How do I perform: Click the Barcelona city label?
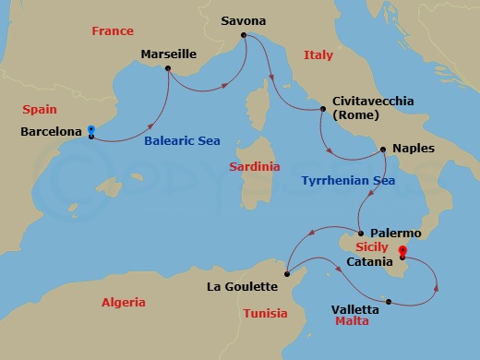click(51, 133)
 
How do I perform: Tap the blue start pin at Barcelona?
click(90, 132)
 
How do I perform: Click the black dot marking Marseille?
click(168, 68)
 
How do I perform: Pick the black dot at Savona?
click(244, 36)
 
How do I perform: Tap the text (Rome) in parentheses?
click(353, 115)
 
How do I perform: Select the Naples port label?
click(413, 148)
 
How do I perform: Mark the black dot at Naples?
click(383, 148)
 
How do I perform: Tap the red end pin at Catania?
click(402, 250)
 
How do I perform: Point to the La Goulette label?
click(243, 287)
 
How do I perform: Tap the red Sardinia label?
click(255, 167)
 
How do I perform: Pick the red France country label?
click(112, 31)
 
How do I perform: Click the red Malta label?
click(351, 321)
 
